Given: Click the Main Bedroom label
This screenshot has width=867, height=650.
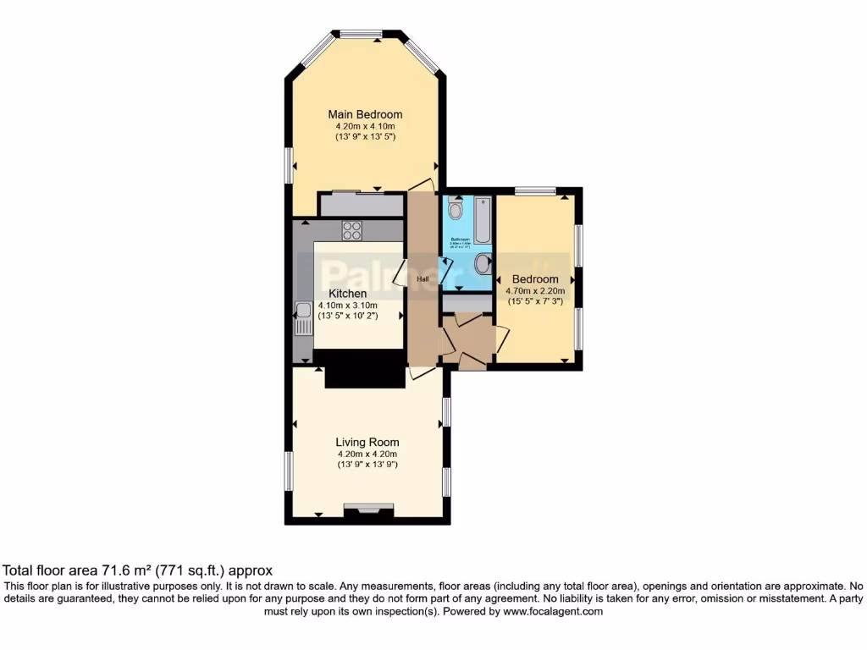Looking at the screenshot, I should [x=365, y=114].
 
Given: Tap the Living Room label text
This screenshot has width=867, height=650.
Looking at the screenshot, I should [x=367, y=442].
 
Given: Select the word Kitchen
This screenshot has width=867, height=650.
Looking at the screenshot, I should [x=348, y=294].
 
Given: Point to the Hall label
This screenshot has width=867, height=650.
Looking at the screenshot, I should [x=422, y=278].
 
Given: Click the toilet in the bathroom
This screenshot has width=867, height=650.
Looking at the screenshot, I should [x=456, y=209].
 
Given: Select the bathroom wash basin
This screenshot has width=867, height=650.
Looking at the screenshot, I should [x=482, y=264].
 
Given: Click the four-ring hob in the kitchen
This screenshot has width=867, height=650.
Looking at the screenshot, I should [x=351, y=229].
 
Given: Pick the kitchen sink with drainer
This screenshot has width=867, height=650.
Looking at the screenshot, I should [x=302, y=319].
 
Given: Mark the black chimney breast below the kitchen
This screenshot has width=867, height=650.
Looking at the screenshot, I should [x=365, y=368].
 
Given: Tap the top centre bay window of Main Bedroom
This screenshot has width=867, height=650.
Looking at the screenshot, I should [x=362, y=34].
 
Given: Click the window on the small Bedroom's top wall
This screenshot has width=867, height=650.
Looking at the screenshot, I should [x=535, y=190].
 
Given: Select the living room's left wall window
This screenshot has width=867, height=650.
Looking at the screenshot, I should [x=288, y=471].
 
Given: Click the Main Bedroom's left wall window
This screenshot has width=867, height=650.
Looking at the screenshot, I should [x=288, y=164].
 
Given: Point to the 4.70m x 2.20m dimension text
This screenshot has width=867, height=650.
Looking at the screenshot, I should [x=535, y=290].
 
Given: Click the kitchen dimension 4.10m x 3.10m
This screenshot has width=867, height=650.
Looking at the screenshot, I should [x=347, y=305].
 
